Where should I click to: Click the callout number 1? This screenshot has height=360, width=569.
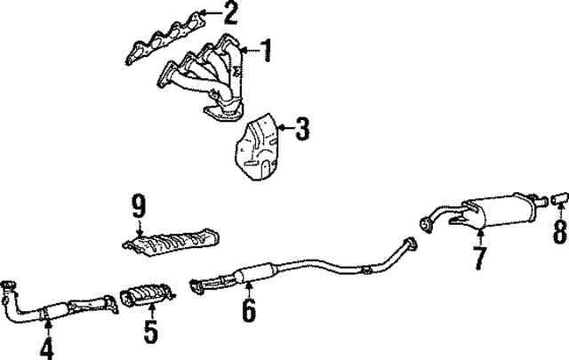(267, 50)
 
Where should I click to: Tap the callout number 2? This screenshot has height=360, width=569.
(230, 12)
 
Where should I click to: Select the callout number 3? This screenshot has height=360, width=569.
(302, 129)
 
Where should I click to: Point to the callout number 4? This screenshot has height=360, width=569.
(46, 348)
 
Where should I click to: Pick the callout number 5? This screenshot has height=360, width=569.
(150, 332)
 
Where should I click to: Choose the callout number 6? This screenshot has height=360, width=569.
(249, 309)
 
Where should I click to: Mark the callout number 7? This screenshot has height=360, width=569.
(480, 258)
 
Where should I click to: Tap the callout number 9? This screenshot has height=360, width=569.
(139, 205)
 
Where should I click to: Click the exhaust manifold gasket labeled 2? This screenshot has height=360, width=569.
(165, 38)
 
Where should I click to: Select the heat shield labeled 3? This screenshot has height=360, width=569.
(258, 147)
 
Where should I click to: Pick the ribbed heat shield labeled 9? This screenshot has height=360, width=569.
(172, 243)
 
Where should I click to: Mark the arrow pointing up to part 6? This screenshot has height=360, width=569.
(249, 289)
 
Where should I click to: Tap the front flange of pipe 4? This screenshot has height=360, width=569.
(8, 284)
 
